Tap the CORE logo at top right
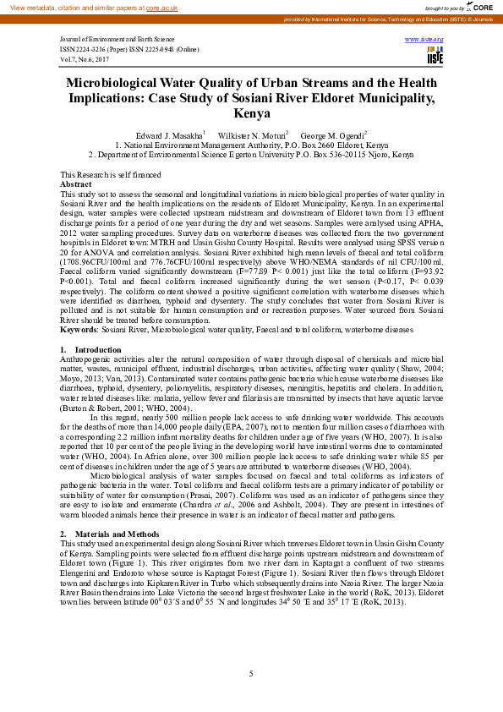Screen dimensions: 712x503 pyautogui.click(x=483, y=7)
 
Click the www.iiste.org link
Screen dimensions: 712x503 pyautogui.click(x=424, y=40)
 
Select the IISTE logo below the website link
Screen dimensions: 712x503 pyautogui.click(x=435, y=57)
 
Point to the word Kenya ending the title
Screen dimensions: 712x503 pyautogui.click(x=251, y=113)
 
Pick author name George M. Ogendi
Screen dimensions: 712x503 pyautogui.click(x=333, y=135)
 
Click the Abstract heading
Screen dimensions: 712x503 pyautogui.click(x=76, y=183)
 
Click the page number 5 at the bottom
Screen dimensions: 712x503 pyautogui.click(x=251, y=673)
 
